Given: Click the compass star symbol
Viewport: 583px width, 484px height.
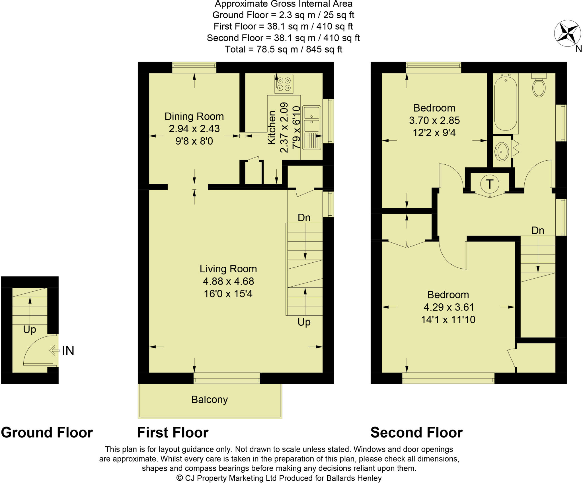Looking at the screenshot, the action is (x=567, y=33).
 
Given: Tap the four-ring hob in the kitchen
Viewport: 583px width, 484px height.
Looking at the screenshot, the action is (x=284, y=84).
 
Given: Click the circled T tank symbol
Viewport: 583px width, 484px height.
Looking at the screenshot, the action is (x=490, y=184).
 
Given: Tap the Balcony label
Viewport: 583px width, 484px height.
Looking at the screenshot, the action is (x=210, y=399).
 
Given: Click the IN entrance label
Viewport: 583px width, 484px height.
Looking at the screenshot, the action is (x=68, y=351).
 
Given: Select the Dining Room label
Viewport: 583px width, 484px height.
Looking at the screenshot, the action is (x=194, y=116).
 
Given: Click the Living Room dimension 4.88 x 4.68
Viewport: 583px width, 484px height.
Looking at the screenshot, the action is (x=228, y=281).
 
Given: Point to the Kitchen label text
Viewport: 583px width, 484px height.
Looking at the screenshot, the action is (x=272, y=127).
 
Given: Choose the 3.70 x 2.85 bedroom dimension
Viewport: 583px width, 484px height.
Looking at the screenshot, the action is (x=434, y=120).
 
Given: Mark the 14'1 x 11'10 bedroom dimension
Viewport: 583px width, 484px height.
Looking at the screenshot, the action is (x=448, y=319).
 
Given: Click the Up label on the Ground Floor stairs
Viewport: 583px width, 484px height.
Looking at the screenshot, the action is (x=30, y=329).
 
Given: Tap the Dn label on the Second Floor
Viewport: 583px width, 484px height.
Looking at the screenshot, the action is (x=538, y=230).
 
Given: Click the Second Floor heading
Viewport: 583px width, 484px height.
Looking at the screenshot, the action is (x=416, y=432).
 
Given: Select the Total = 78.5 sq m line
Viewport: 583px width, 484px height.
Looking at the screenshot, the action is (x=283, y=49).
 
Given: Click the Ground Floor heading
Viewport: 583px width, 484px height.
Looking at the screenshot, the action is (x=47, y=432).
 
